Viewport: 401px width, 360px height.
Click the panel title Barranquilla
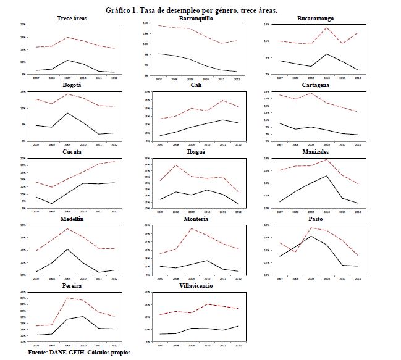(193, 19)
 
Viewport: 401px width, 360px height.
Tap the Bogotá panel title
(72, 86)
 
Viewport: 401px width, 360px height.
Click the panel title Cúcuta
(72, 152)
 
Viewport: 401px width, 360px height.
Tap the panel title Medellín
(72, 219)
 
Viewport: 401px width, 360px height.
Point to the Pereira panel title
(72, 286)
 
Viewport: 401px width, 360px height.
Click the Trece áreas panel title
(72, 19)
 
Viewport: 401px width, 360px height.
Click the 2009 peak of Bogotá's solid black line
(68, 113)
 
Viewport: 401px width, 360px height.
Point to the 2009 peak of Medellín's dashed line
(68, 228)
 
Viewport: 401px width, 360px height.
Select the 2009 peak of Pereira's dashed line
(68, 298)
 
